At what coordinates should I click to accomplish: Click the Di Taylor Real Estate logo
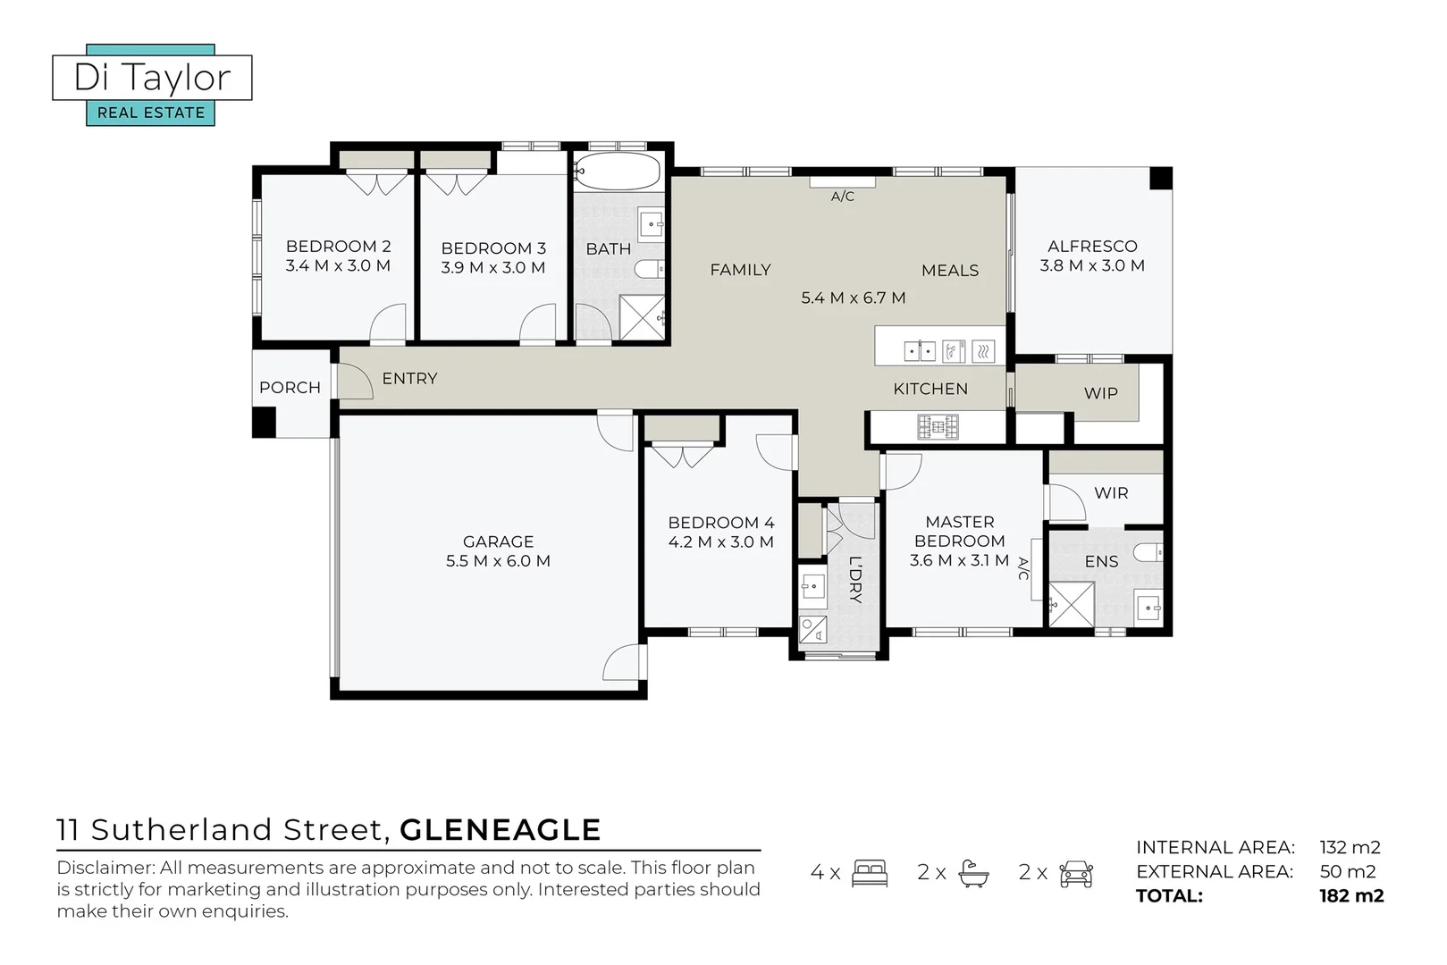pyautogui.click(x=152, y=86)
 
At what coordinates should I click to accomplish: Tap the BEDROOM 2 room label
pyautogui.click(x=338, y=247)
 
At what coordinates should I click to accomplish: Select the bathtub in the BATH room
pyautogui.click(x=617, y=171)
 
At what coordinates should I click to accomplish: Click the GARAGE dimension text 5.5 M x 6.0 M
pyautogui.click(x=498, y=561)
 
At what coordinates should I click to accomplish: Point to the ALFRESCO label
pyautogui.click(x=1092, y=247)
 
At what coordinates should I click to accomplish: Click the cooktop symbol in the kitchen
pyautogui.click(x=938, y=427)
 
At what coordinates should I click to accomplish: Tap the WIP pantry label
pyautogui.click(x=1100, y=393)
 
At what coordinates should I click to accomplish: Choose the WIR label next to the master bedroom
pyautogui.click(x=1111, y=493)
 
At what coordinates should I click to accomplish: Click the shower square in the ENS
pyautogui.click(x=1071, y=605)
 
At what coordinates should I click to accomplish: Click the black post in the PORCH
pyautogui.click(x=264, y=422)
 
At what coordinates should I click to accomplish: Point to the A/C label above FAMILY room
pyautogui.click(x=842, y=197)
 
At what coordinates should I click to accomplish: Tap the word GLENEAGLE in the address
pyautogui.click(x=500, y=830)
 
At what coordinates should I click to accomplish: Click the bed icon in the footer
pyautogui.click(x=869, y=873)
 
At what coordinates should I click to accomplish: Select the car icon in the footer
pyautogui.click(x=1076, y=873)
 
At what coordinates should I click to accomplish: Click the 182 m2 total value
pyautogui.click(x=1350, y=896)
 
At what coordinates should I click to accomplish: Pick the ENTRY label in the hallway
pyautogui.click(x=409, y=379)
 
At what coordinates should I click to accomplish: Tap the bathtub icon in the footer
pyautogui.click(x=972, y=873)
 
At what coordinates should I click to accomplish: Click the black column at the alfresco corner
pyautogui.click(x=1160, y=178)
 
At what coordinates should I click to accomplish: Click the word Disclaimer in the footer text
pyautogui.click(x=105, y=868)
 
